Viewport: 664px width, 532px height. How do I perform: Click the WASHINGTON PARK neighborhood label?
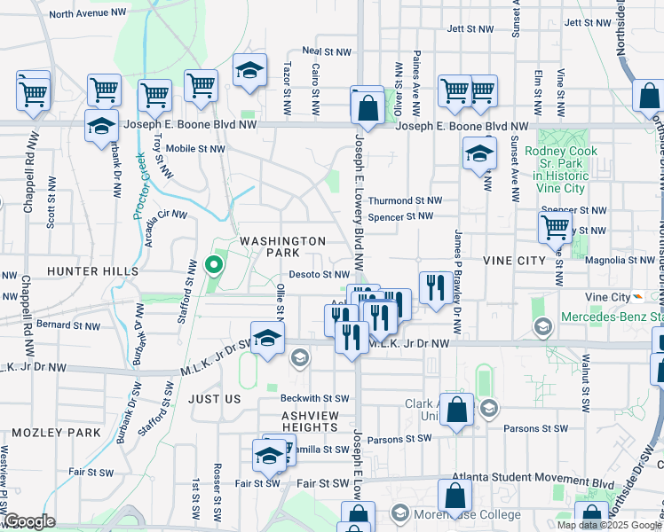(x=283, y=246)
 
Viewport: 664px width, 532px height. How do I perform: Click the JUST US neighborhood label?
(x=214, y=399)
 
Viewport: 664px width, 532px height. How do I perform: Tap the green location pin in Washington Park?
(x=212, y=264)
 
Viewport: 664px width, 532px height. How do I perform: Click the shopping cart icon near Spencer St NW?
(x=555, y=226)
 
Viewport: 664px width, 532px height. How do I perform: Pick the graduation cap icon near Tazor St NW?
(x=249, y=70)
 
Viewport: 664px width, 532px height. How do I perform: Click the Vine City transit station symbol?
(x=639, y=297)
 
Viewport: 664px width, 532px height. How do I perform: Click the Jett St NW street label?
(x=590, y=22)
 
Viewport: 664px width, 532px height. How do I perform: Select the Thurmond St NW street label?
(x=405, y=201)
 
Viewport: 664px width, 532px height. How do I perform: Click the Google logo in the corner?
(x=29, y=521)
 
